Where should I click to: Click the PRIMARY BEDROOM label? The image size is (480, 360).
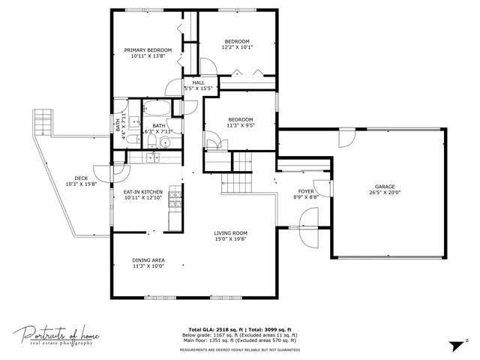148,50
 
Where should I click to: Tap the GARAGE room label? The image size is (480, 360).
385,187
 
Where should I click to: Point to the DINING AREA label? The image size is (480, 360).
148,260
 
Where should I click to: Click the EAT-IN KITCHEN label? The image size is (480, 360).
142,193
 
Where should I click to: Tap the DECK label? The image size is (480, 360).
81,178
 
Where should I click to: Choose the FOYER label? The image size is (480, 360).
306,191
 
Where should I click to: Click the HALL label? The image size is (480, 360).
198,82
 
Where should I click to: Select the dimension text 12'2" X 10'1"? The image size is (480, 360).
237,47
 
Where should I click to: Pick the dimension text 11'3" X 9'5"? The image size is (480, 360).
241,125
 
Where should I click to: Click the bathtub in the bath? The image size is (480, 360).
157,107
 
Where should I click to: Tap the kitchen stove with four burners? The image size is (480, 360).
175,199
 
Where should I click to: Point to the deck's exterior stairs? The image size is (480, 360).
43,121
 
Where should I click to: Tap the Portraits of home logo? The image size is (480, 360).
56,336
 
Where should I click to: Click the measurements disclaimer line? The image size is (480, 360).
239,350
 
